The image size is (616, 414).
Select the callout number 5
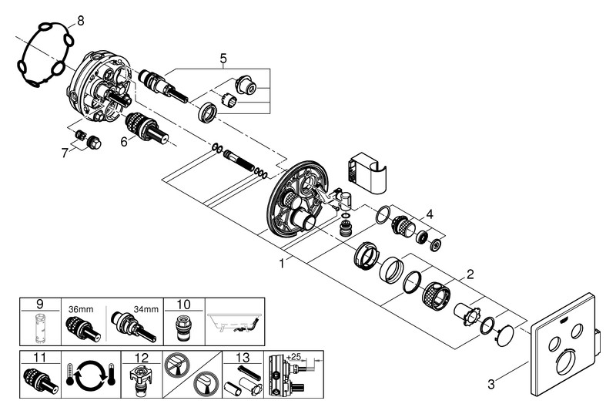(223, 57)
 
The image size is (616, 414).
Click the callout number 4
(431, 214)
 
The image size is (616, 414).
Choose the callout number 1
(283, 263)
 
